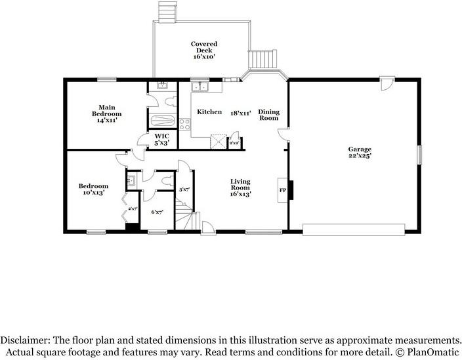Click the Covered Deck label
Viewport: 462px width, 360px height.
204,50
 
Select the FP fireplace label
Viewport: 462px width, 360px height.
283,190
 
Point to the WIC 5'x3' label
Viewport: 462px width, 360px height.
162,139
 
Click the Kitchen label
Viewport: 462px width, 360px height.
209,112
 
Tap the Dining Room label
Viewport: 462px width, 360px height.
268,115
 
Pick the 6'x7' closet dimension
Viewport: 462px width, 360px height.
157,212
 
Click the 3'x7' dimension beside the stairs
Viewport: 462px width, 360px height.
185,190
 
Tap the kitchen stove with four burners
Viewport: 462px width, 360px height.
184,123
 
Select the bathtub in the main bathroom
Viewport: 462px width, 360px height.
162,121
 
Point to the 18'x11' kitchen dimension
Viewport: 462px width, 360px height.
240,112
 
